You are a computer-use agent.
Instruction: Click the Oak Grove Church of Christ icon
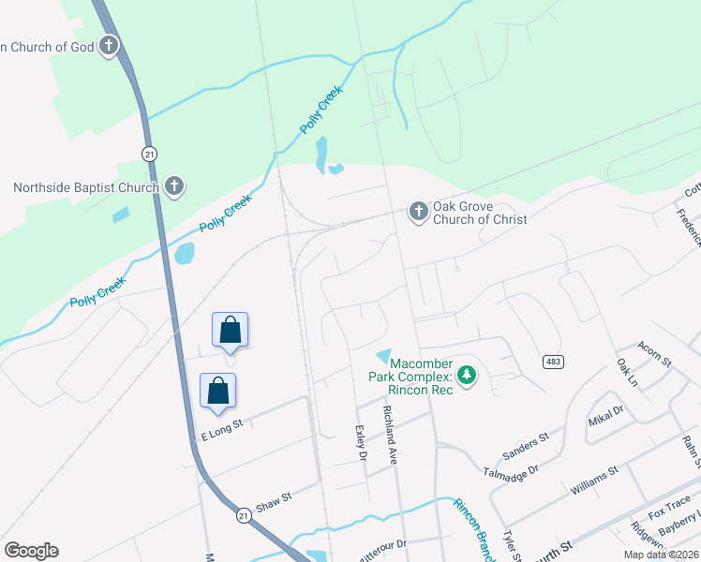(x=418, y=212)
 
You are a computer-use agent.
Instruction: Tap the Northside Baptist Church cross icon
(x=173, y=186)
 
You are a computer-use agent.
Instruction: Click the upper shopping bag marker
(x=231, y=331)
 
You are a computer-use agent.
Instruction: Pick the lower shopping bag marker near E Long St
(x=217, y=392)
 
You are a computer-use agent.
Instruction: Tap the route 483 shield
(x=551, y=362)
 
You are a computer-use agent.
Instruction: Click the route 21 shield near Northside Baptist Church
(x=148, y=153)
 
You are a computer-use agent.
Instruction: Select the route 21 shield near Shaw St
(x=244, y=515)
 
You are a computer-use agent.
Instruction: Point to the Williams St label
(x=594, y=480)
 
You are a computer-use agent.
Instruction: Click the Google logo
(x=31, y=551)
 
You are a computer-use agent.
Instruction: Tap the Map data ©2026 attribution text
(x=661, y=555)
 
